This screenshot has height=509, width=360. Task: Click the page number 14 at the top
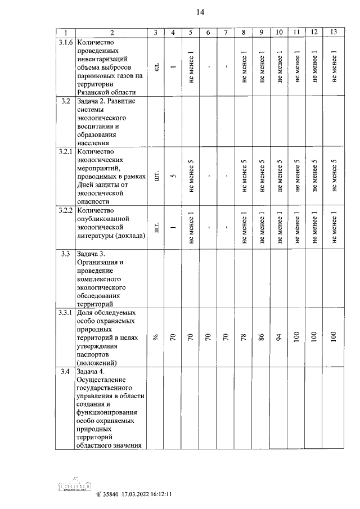coord(201,12)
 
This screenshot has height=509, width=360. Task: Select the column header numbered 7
coord(224,33)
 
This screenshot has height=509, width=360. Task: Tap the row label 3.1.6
coord(65,42)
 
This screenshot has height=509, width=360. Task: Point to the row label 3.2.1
coord(65,152)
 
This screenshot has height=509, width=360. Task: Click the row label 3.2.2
coord(65,210)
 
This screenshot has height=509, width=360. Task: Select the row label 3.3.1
coord(65,313)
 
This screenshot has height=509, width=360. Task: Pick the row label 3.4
coord(65,372)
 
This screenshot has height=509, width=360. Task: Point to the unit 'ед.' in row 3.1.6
coord(156,67)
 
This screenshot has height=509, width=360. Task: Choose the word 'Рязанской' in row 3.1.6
coord(96,92)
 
